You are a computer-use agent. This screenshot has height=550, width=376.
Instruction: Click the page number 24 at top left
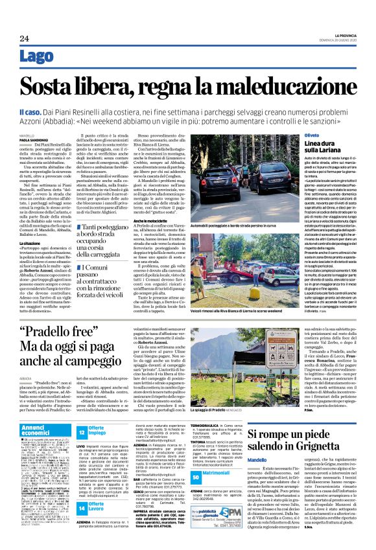pos(24,38)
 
